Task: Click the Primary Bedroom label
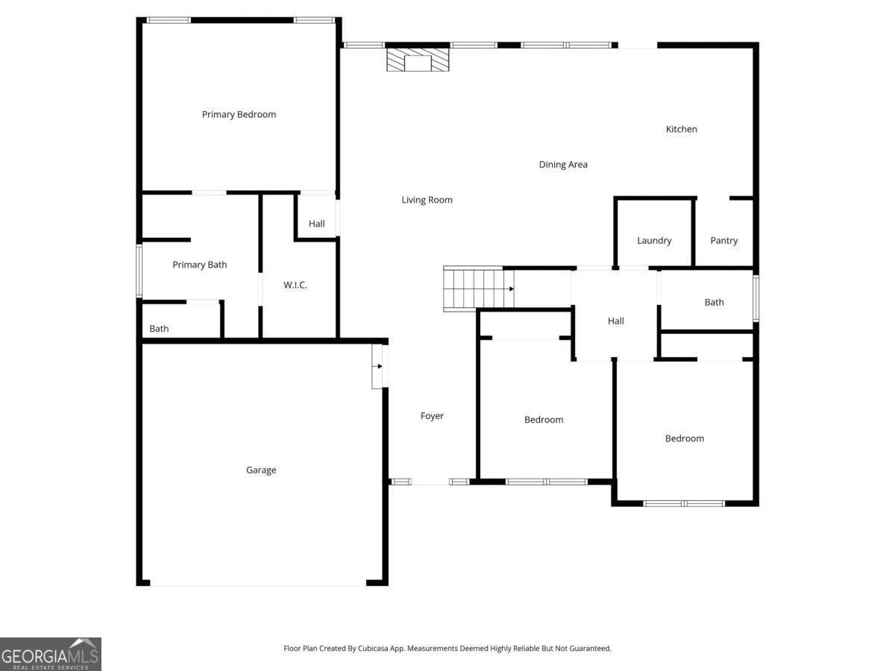click(x=239, y=115)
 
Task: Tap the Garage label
click(x=261, y=470)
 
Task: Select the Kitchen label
click(x=682, y=129)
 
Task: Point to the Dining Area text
click(x=563, y=165)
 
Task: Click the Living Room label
click(x=427, y=200)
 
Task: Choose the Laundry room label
click(x=654, y=241)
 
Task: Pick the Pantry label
click(x=723, y=241)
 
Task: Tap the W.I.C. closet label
click(x=295, y=285)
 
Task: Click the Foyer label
click(x=432, y=416)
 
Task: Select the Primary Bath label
click(x=199, y=265)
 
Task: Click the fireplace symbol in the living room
click(x=418, y=60)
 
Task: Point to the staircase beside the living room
click(x=479, y=289)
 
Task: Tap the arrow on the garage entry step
click(x=379, y=366)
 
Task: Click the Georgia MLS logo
click(x=51, y=654)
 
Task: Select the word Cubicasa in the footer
click(x=373, y=648)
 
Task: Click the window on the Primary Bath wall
click(x=139, y=271)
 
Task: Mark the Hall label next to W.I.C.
click(x=316, y=224)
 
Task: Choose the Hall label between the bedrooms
click(x=616, y=321)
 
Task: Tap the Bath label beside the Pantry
click(x=714, y=302)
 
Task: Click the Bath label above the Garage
click(x=159, y=328)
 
